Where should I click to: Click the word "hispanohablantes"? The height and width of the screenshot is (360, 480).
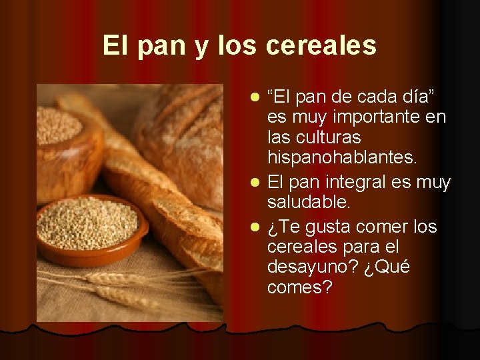(x=341, y=157)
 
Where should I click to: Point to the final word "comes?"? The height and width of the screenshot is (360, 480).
(x=299, y=287)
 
